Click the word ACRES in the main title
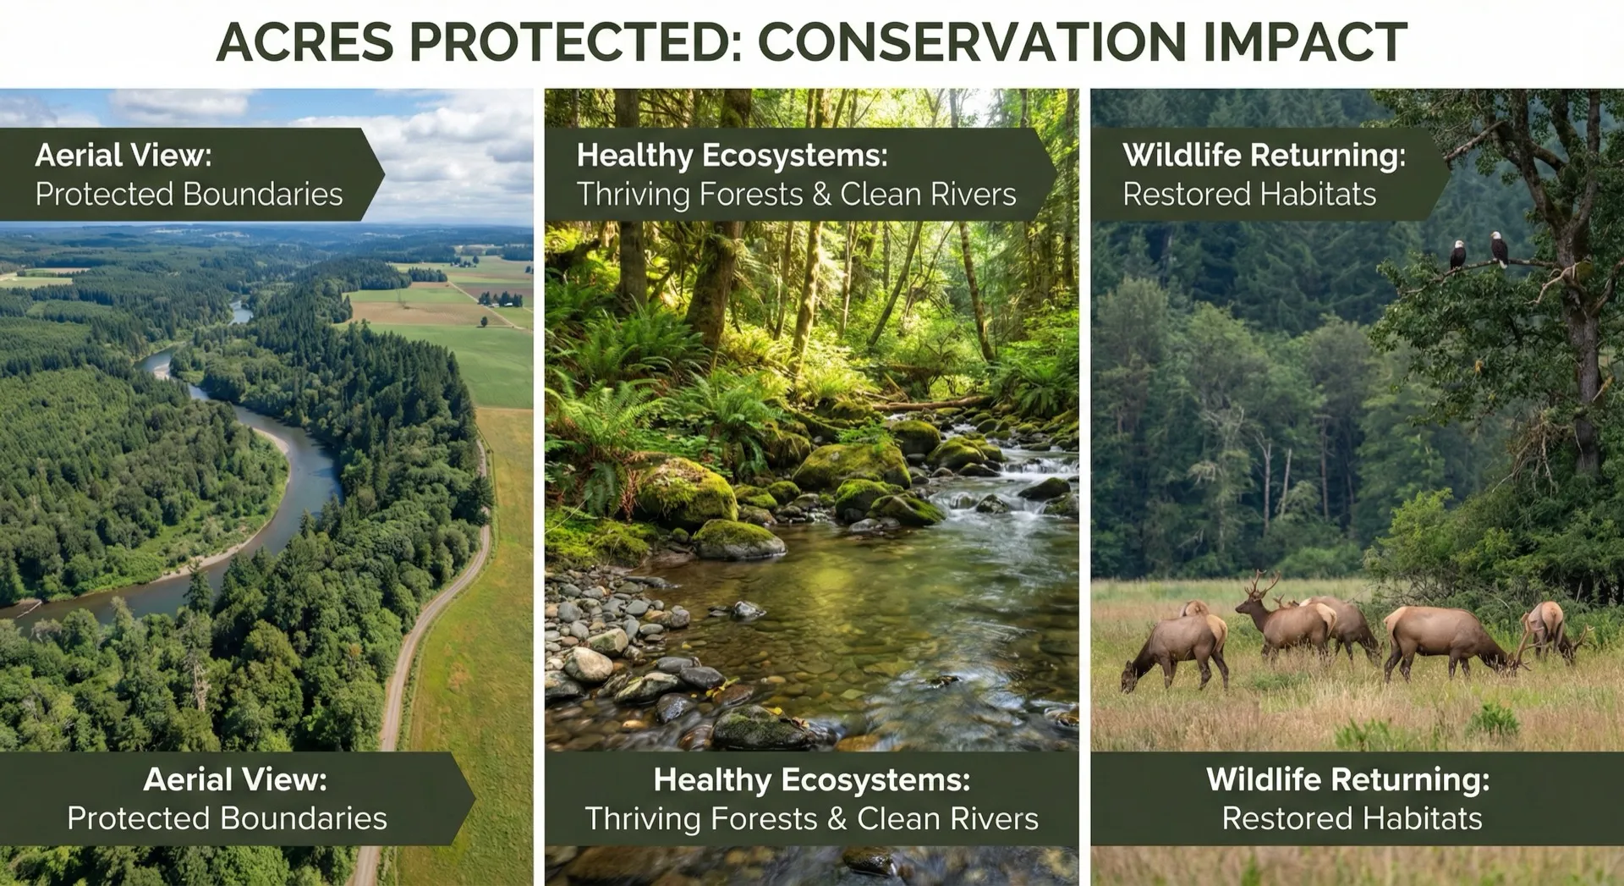coord(305,42)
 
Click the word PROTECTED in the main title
coord(575,42)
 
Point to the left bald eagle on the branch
coord(1457,255)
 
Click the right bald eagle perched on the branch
coord(1498,248)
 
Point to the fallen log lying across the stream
coord(930,404)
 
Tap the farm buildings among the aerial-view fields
coord(501,299)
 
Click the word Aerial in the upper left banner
coord(79,156)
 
